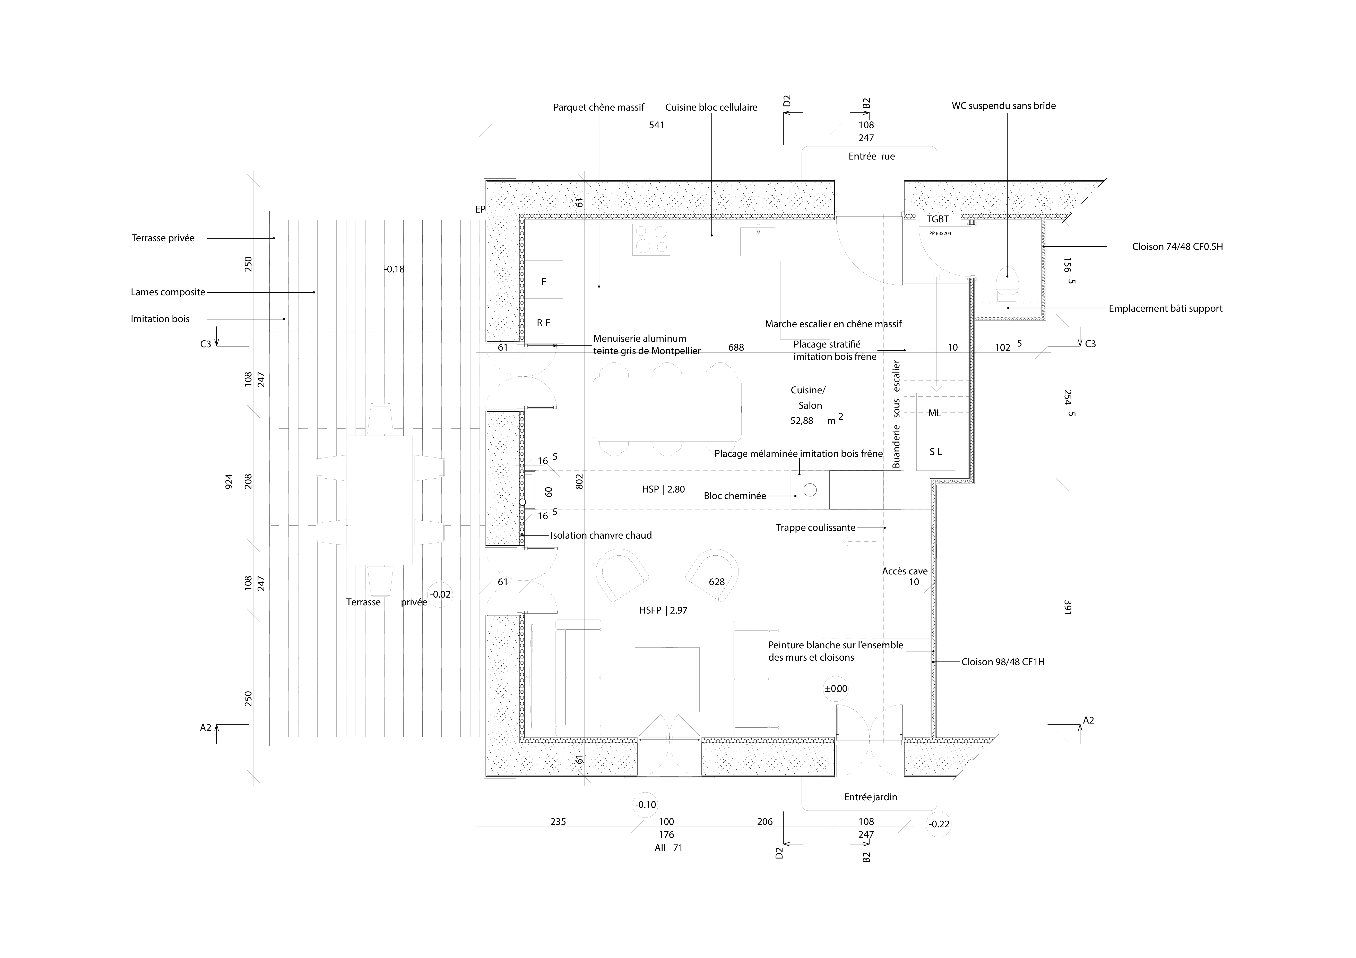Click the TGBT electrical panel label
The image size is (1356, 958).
[937, 219]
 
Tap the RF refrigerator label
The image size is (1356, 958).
[543, 323]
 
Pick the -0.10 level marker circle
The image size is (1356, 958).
[646, 804]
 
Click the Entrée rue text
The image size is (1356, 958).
[871, 156]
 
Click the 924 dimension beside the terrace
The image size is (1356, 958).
[229, 481]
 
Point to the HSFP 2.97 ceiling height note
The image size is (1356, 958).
[663, 610]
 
